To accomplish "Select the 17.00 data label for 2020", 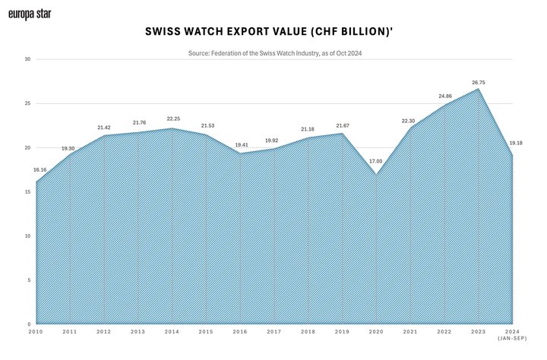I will [376, 161].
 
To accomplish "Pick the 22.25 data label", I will [173, 119].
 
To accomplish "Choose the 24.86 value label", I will [444, 96].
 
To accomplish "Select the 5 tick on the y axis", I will [28, 280].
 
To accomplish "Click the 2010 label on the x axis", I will [36, 332].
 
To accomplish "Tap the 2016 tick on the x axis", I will [240, 332].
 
